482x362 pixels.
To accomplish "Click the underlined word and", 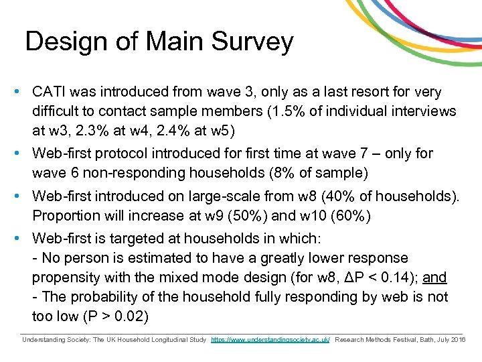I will pos(436,278).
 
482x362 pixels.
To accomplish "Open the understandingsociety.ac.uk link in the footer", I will pos(270,341).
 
